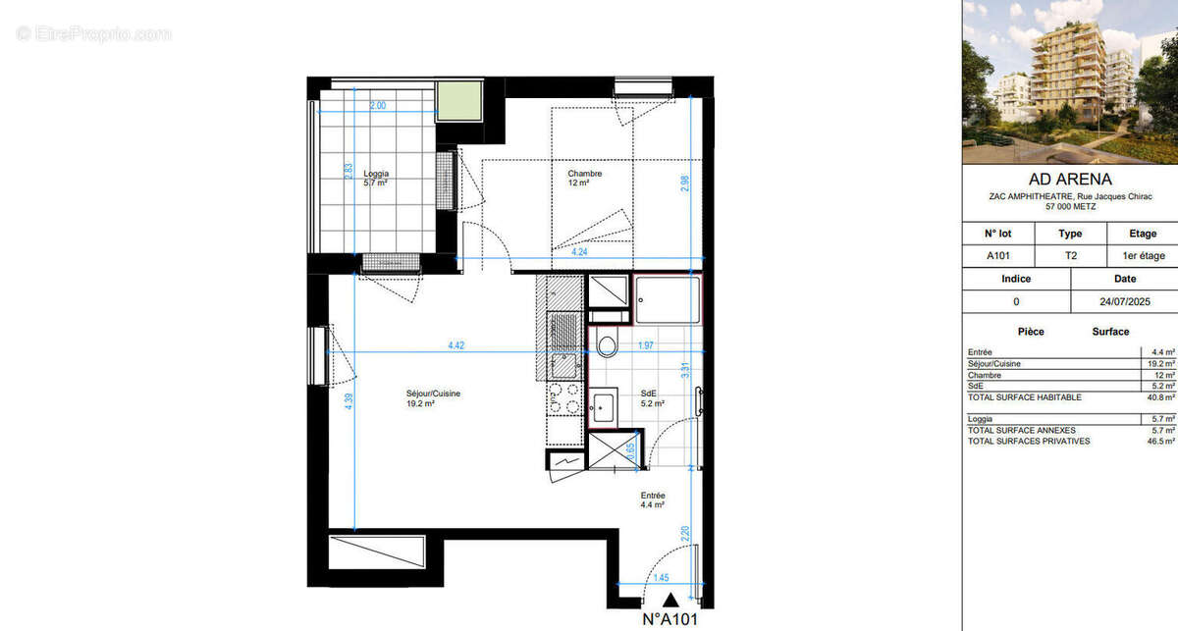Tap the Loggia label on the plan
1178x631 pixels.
coord(376,178)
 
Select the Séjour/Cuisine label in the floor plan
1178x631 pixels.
coord(434,397)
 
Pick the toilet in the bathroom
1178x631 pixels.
coord(607,344)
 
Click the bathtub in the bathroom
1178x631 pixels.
coord(668,299)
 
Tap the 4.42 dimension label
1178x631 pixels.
coord(455,345)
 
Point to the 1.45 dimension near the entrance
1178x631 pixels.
coord(662,578)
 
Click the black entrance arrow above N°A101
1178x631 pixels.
coord(669,601)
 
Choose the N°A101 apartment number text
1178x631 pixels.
coord(669,620)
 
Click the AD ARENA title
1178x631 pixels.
coord(1069,180)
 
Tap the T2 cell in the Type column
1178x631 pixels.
coord(1070,256)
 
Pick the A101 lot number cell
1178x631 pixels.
coord(998,256)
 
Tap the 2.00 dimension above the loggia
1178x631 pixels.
coord(378,105)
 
